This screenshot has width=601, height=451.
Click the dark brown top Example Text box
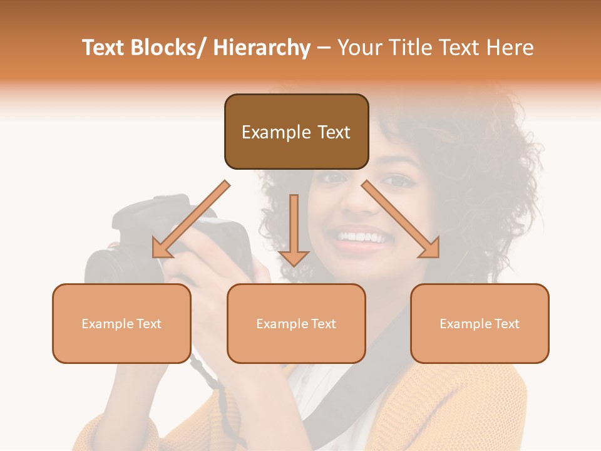[x=296, y=132]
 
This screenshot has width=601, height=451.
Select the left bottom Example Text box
[x=121, y=323]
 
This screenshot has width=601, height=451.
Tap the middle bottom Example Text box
[x=296, y=323]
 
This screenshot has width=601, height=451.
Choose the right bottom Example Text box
[x=480, y=323]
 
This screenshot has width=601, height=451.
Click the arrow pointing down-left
[x=188, y=222]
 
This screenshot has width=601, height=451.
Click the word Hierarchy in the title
[x=262, y=48]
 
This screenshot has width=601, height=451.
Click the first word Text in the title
[x=105, y=48]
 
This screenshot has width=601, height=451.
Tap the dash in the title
[x=324, y=48]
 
